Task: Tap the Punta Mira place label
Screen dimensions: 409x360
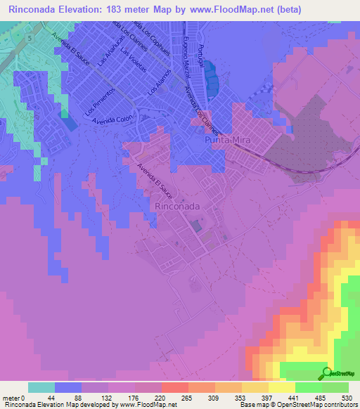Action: pyautogui.click(x=227, y=141)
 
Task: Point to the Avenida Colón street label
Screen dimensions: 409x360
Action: pyautogui.click(x=113, y=120)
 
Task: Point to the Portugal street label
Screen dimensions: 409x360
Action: pyautogui.click(x=201, y=56)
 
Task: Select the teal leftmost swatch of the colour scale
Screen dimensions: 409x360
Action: pyautogui.click(x=41, y=387)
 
